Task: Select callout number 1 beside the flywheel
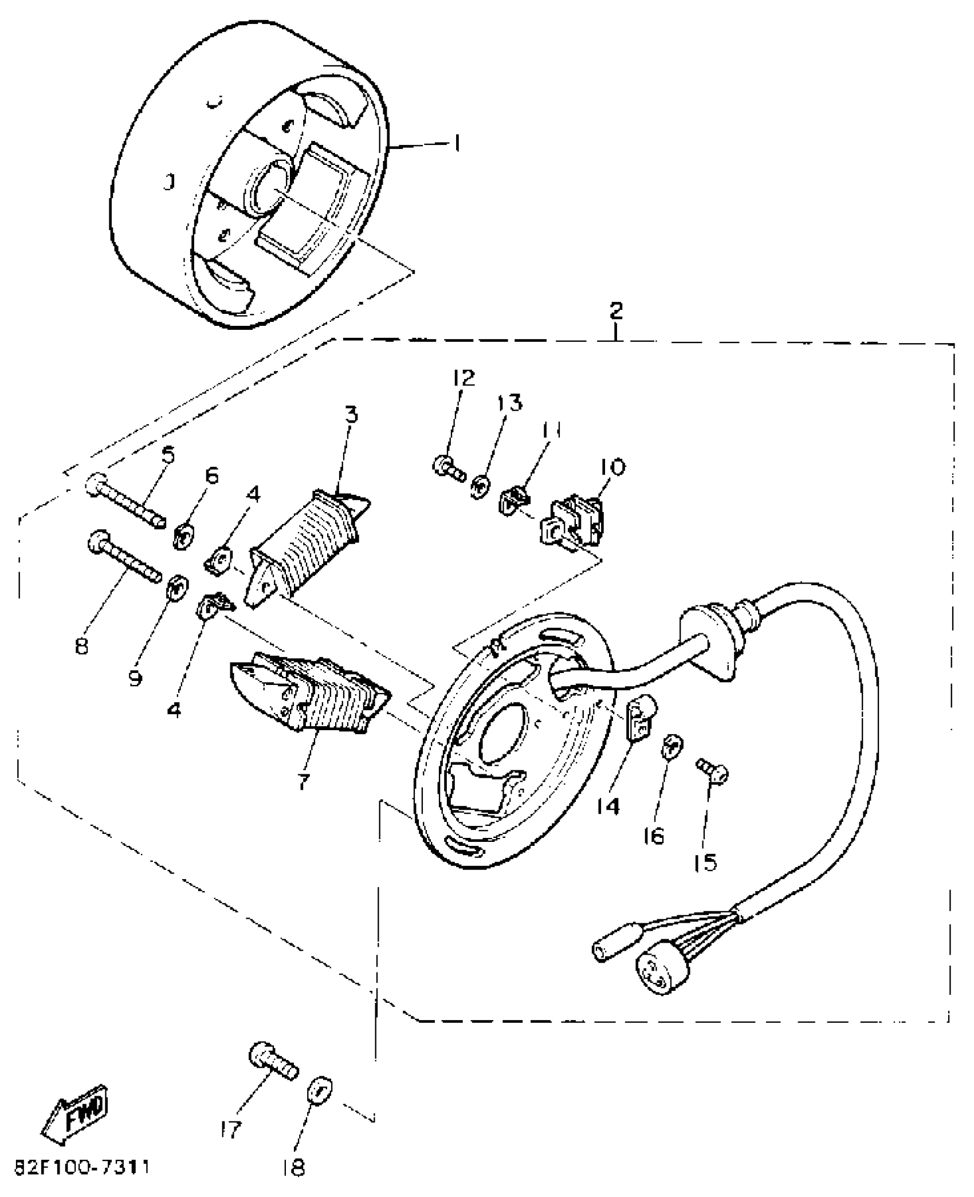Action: (x=456, y=144)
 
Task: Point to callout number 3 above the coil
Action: (x=351, y=414)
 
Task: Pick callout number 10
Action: (x=612, y=467)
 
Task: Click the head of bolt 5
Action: (x=96, y=484)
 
